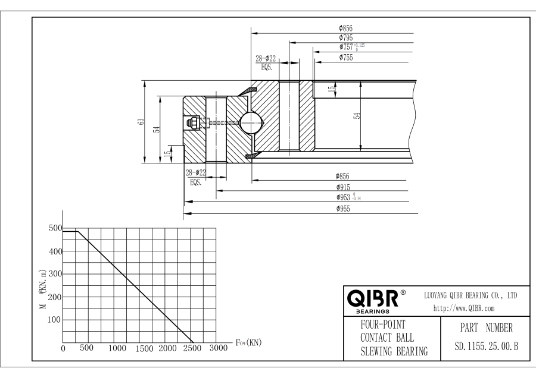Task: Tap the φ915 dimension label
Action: coord(342,187)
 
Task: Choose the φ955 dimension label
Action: coord(342,209)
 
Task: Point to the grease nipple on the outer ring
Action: coord(194,123)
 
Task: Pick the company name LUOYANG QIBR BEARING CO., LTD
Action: coord(470,295)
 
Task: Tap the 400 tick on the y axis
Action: coord(55,251)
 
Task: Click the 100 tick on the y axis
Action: coord(55,320)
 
